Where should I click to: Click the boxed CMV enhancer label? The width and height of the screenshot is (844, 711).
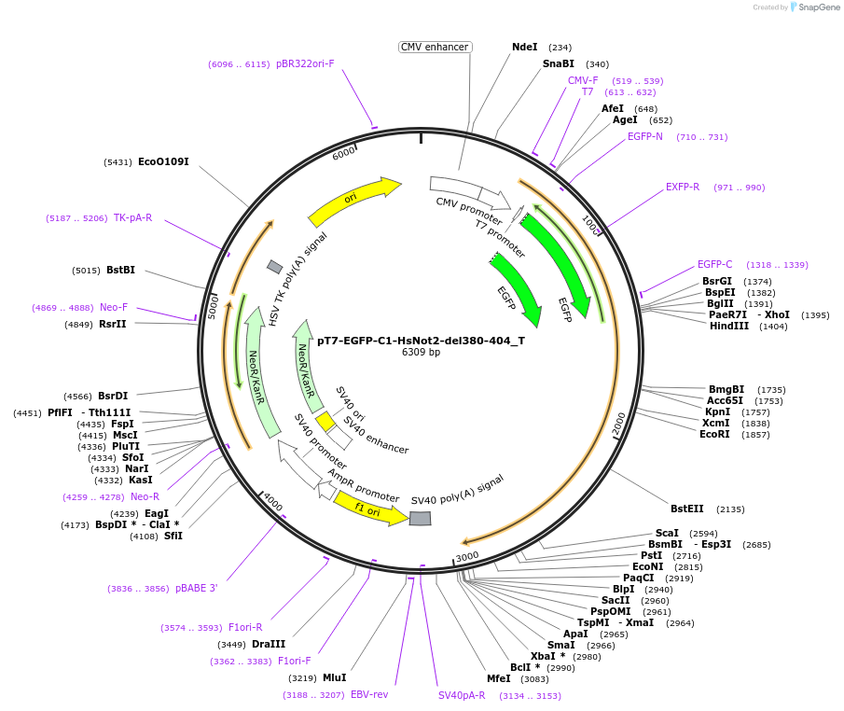tap(435, 47)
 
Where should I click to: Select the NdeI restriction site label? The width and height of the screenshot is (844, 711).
tap(525, 47)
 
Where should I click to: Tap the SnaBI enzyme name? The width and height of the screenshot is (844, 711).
tap(559, 64)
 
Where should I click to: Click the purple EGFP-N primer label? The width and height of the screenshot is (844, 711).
tap(645, 137)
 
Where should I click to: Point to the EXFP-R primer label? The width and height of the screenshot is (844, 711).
tap(683, 188)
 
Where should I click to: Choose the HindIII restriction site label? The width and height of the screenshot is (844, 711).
tap(729, 327)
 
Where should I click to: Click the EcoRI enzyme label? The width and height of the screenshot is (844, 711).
tap(714, 435)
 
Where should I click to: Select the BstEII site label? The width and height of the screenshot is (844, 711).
tap(687, 509)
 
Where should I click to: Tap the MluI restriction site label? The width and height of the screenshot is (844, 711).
tap(334, 678)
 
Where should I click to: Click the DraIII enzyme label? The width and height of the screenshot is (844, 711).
tap(269, 644)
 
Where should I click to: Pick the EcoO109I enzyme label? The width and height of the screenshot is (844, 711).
tap(163, 162)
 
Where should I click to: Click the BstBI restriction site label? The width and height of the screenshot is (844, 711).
tap(120, 271)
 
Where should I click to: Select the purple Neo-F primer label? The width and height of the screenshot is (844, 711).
tap(114, 308)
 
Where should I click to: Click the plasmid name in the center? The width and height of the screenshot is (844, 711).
tap(421, 341)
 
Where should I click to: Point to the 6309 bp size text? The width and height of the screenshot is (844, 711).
tap(421, 353)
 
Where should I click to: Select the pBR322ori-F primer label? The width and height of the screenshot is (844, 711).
tap(305, 64)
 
